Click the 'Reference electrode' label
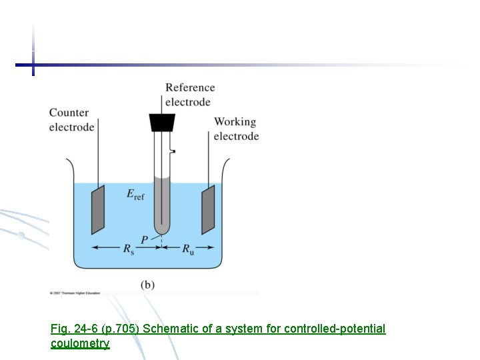point(189,95)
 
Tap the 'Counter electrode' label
point(71,120)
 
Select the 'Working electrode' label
point(236,129)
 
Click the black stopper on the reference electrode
point(162,123)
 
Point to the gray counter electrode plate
point(98,209)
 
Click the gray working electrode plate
point(209,209)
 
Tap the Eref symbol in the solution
point(135,194)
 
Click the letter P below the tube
point(145,239)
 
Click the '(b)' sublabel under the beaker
point(147,285)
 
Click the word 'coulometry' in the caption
point(80,343)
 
